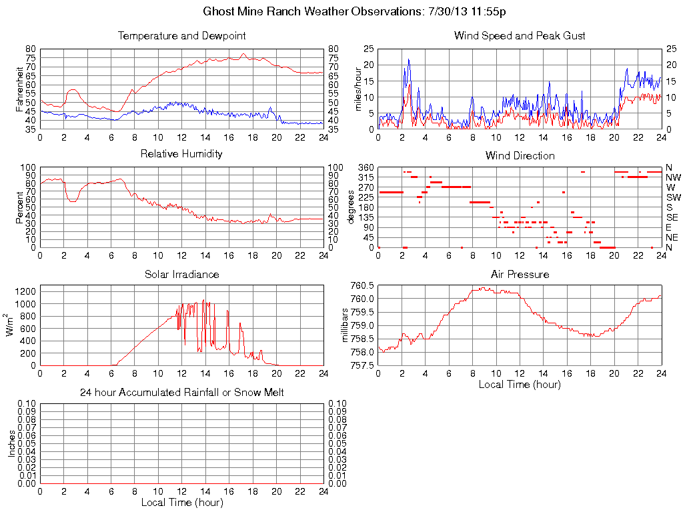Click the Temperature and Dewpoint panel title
pyautogui.click(x=181, y=35)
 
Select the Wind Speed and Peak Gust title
pyautogui.click(x=520, y=35)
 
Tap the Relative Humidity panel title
pyautogui.click(x=181, y=154)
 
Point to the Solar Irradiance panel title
pyautogui.click(x=181, y=274)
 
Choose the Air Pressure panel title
pyautogui.click(x=520, y=274)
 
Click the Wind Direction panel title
pyautogui.click(x=520, y=155)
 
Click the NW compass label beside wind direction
pyautogui.click(x=672, y=177)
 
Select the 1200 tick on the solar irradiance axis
pyautogui.click(x=25, y=291)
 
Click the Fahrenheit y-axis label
pyautogui.click(x=19, y=89)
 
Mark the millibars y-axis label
pyautogui.click(x=346, y=326)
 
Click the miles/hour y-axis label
pyautogui.click(x=357, y=89)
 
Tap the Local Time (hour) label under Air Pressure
pyautogui.click(x=520, y=384)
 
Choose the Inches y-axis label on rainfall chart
pyautogui.click(x=11, y=443)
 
